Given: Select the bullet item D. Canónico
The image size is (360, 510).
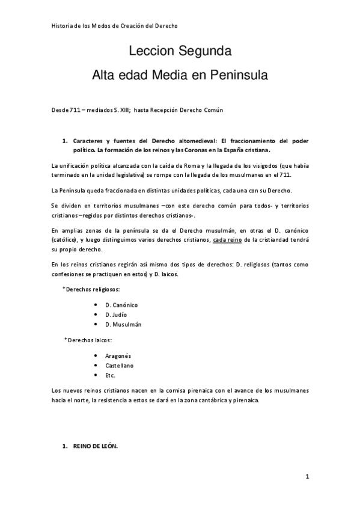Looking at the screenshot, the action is click(121, 304).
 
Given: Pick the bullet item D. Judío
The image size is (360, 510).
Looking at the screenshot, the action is click(115, 315).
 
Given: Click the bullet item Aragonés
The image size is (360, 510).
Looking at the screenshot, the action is click(118, 355).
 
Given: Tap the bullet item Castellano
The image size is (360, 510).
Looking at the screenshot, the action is click(119, 365).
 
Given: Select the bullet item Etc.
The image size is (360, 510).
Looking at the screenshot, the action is click(110, 375).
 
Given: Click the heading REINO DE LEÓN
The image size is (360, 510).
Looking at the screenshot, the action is click(96, 447).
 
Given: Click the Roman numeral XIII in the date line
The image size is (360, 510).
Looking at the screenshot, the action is click(123, 109).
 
